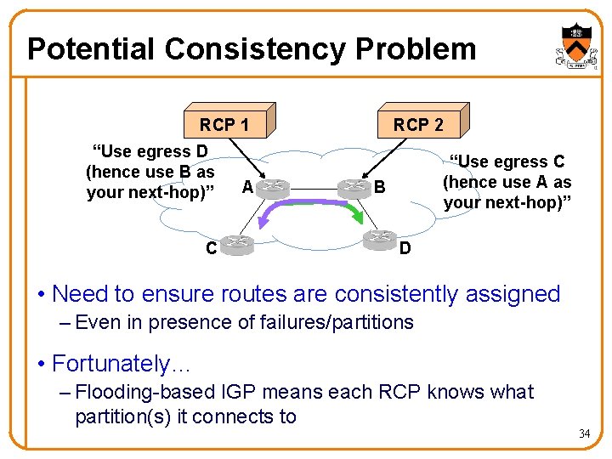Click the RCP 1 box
[x=225, y=124]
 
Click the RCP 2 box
[x=417, y=124]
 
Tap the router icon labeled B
[x=354, y=187]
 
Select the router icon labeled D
[x=379, y=239]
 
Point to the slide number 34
[x=584, y=434]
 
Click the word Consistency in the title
[x=256, y=49]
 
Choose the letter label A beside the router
[x=246, y=186]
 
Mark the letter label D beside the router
[x=405, y=248]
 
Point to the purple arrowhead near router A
[x=264, y=222]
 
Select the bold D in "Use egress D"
[x=201, y=151]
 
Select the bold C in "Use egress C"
[x=558, y=161]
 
